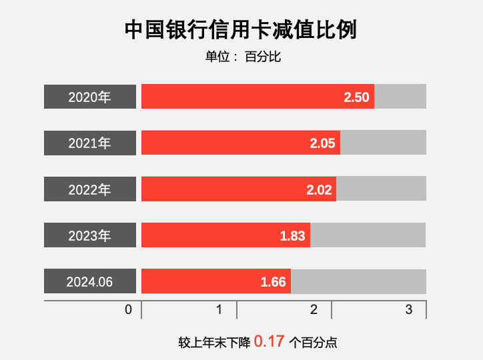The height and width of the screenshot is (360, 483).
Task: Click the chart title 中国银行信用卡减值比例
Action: coord(241,30)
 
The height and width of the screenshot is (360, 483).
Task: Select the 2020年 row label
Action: coord(90,97)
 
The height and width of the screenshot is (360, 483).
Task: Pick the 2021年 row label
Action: coord(90,143)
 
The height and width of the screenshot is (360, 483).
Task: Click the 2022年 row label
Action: coord(90,189)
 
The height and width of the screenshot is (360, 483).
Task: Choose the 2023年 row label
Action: coord(90,235)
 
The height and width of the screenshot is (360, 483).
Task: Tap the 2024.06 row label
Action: coord(90,281)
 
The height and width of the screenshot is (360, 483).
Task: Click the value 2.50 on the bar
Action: coord(356,97)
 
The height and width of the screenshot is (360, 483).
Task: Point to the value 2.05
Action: coord(322,143)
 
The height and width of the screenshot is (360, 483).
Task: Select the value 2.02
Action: coord(319,190)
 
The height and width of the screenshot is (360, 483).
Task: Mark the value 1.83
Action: coord(292,236)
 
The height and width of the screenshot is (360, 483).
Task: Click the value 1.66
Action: coord(274,282)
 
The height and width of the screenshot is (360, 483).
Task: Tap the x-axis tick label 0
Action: coord(128,310)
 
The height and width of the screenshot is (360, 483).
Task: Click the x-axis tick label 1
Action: coord(219,310)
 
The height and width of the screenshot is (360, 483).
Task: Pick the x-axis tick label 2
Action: coord(314,310)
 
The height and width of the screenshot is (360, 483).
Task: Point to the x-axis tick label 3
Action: coord(409,310)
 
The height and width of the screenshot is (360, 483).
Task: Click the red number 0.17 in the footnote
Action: coord(269,343)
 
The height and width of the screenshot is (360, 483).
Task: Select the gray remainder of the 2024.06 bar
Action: coord(358,281)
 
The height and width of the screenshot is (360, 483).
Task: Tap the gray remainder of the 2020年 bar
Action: coord(400,97)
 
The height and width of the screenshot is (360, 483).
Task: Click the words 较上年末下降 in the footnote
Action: coord(214,343)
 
